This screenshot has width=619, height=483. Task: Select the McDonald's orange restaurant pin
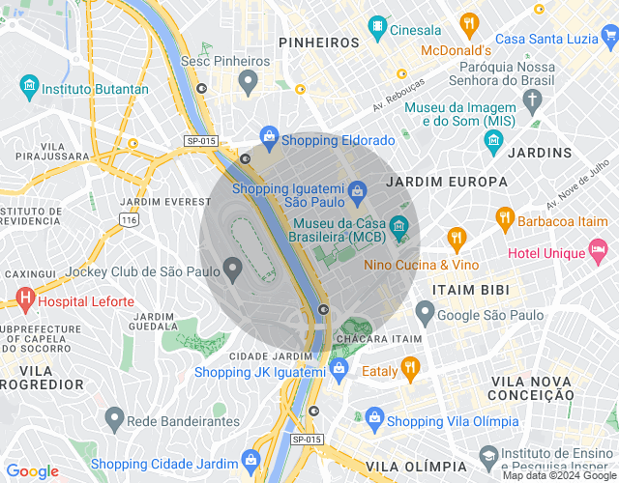coord(469,24)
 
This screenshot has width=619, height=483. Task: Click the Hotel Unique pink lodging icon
coord(600,253)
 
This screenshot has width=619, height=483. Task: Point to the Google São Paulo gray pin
coord(425,312)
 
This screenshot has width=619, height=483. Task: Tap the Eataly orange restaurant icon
coord(410,368)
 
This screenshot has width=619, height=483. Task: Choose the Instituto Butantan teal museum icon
coord(28,89)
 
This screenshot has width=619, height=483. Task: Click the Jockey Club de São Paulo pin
coord(232,269)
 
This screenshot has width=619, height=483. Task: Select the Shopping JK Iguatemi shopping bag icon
coord(339,369)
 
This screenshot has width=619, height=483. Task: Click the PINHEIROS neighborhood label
coord(318,42)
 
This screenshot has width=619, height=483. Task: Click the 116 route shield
coord(129,221)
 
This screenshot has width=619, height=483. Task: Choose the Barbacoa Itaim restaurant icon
coord(504,219)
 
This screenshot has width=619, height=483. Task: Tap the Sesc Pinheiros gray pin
coord(248,82)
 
